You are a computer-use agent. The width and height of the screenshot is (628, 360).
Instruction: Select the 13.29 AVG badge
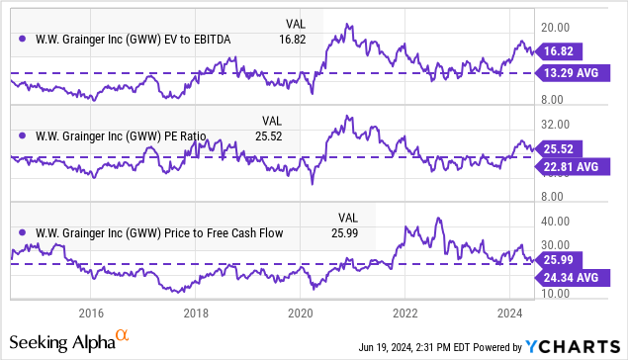point(573,73)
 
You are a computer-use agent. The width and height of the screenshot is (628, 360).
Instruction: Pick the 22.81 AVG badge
point(573,167)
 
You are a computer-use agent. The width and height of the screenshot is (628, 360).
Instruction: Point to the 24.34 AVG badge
point(573,279)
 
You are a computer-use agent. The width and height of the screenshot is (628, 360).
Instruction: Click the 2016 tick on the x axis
point(90,313)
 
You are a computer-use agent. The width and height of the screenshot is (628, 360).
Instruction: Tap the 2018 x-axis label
point(195,313)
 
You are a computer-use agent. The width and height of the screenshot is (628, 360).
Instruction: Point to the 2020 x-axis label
point(300,313)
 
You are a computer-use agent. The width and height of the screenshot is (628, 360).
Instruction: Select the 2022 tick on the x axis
point(404,313)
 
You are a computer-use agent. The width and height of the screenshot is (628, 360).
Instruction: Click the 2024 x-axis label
point(509,313)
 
